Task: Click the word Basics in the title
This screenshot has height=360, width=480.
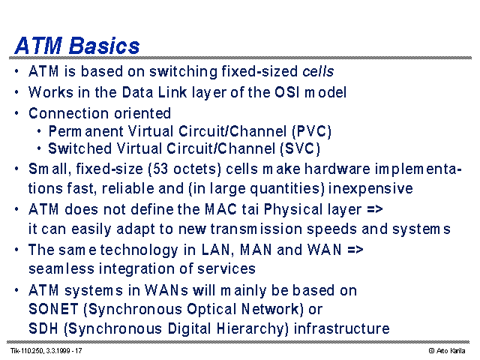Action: [x=104, y=46]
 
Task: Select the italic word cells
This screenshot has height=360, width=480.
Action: [x=318, y=71]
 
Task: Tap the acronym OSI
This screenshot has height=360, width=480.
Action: [x=286, y=92]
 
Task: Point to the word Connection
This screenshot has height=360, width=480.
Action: [x=69, y=113]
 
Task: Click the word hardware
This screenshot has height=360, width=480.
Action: [x=337, y=169]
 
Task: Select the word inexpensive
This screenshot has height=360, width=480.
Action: [x=370, y=188]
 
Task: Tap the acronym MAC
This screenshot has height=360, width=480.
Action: [x=220, y=209]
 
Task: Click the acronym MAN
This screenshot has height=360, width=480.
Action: [x=256, y=250]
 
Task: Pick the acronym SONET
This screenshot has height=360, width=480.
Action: [x=53, y=309]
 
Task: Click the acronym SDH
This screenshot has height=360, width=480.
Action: [x=43, y=328]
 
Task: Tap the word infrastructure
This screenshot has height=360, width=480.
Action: [x=342, y=328]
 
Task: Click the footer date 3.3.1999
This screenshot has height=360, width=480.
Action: [x=58, y=351]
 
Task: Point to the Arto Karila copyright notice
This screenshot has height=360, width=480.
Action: [x=447, y=351]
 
